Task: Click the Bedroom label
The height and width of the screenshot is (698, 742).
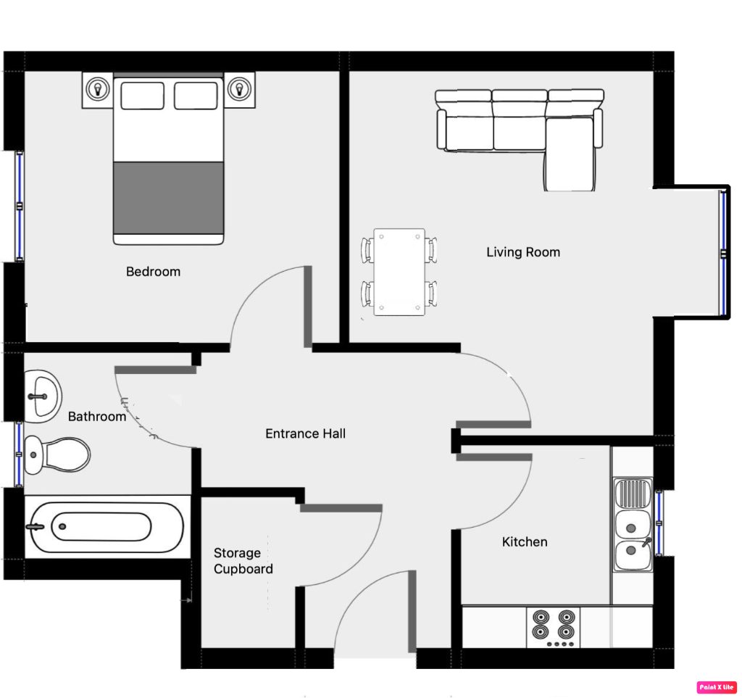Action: coord(153,272)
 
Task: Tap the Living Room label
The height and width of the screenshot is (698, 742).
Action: coord(522,252)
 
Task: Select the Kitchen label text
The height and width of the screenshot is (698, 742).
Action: coord(525,541)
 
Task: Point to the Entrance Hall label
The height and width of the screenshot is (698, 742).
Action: coord(305,433)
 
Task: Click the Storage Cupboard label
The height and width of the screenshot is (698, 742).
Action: coord(243,561)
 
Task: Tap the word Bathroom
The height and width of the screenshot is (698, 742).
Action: coord(97,416)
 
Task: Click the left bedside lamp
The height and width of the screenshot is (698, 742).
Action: coord(96,90)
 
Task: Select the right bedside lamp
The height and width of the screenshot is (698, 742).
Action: coord(238,90)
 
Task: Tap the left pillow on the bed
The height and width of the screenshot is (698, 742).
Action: coord(142,96)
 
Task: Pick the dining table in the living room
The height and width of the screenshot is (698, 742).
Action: coord(399,272)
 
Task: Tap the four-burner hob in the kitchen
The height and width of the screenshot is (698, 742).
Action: coord(554,626)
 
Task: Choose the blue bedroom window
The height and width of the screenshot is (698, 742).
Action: coord(20,206)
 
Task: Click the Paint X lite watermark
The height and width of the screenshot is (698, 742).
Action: coord(717,686)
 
